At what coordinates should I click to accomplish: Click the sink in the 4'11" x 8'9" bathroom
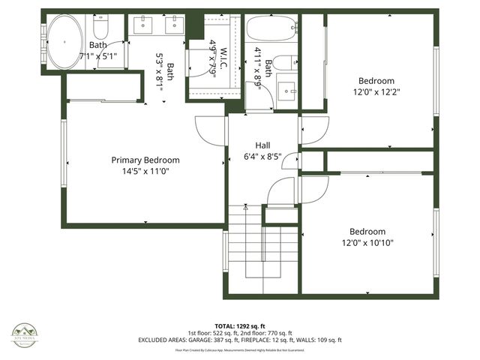tap(286, 92)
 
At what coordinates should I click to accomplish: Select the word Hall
tap(262, 145)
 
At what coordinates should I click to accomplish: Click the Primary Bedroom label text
tap(145, 160)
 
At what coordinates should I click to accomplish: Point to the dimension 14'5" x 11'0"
tap(145, 171)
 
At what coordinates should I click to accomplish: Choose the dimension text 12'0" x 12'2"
tap(376, 92)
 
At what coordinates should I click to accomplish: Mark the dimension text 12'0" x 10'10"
tap(367, 242)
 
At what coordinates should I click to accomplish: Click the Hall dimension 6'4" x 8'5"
tap(262, 157)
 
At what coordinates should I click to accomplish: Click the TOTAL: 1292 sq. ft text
tap(239, 326)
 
